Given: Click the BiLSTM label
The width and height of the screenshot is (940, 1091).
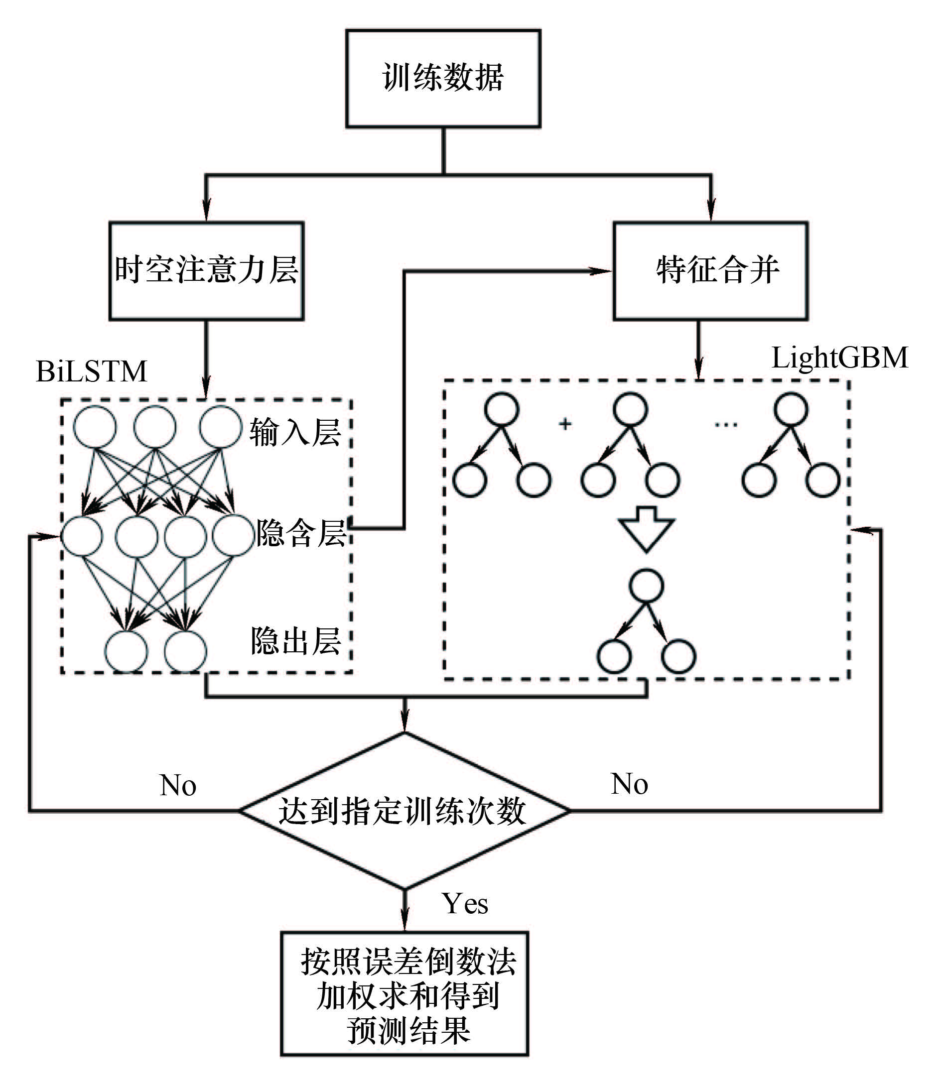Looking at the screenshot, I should pos(91,372).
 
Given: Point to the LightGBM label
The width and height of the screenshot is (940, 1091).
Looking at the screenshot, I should pos(839,358).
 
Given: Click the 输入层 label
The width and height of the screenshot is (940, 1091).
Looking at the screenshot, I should pos(295,433).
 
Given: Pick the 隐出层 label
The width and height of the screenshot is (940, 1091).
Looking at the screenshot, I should pos(295,641).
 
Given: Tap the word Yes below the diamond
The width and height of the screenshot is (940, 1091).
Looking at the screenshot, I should pos(464,904).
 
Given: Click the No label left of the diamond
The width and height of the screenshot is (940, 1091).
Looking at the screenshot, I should pos(178,786).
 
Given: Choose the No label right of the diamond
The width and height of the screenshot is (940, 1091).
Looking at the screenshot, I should pos(629,784).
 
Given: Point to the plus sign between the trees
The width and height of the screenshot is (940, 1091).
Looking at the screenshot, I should pos(565,423).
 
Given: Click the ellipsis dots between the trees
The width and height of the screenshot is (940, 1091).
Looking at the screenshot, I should pos(726,424).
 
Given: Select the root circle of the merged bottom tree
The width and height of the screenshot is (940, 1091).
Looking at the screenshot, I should pos(647,586).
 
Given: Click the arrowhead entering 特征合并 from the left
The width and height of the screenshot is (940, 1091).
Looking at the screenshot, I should pos(603,271).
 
